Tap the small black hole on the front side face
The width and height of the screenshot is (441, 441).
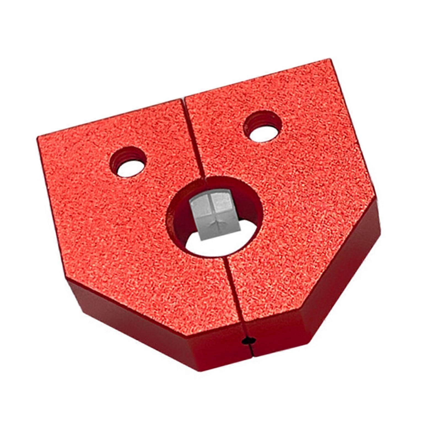coord(249,341)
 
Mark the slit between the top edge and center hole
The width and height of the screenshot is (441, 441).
coord(193,138)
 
